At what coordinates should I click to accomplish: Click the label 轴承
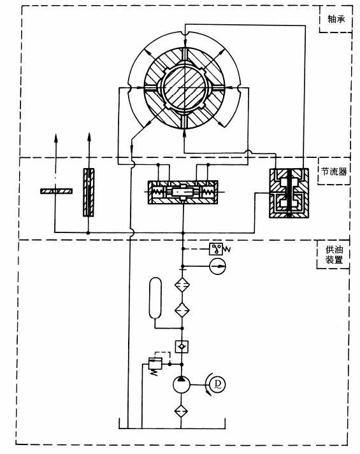(336, 19)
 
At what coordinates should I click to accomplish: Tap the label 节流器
(334, 172)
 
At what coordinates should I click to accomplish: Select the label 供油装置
(334, 254)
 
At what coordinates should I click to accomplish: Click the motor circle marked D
(217, 385)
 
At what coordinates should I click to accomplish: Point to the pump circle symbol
(182, 385)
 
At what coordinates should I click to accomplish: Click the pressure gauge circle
(217, 266)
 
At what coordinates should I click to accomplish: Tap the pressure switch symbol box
(216, 249)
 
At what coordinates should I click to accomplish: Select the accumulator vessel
(155, 297)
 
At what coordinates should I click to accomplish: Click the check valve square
(182, 346)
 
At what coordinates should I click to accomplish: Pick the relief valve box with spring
(155, 364)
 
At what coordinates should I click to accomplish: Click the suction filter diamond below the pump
(181, 411)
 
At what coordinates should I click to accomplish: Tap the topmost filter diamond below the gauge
(182, 285)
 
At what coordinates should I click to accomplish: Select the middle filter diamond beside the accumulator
(182, 310)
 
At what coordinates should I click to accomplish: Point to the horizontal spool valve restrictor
(183, 192)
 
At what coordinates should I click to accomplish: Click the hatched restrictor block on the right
(289, 193)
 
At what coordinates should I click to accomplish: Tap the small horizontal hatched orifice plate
(56, 191)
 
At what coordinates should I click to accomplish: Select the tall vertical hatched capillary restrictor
(89, 192)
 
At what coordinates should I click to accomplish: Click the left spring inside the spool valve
(159, 192)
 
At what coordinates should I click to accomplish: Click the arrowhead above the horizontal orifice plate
(56, 138)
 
